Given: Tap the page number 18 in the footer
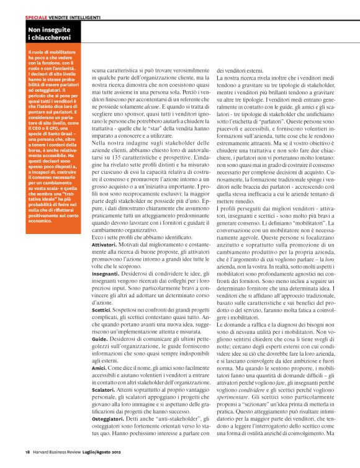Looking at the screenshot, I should point(28,451).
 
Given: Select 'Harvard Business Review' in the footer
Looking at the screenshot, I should point(58,451).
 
